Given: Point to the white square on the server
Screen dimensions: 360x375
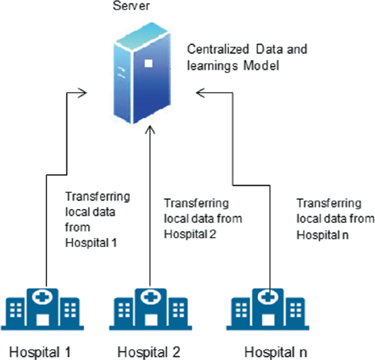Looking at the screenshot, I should [x=147, y=64].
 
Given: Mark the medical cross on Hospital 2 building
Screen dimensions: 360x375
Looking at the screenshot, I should [x=148, y=297].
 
